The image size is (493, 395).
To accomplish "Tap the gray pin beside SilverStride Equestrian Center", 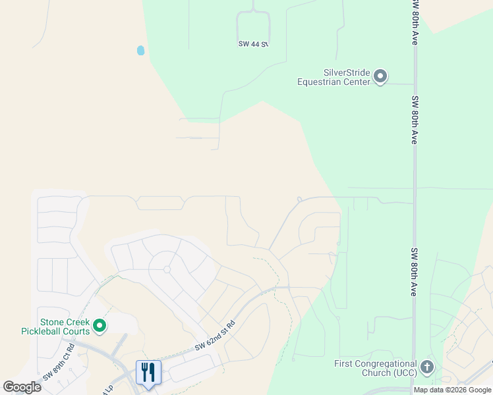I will pos(380,77).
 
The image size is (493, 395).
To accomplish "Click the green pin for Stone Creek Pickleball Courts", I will pos(100,325).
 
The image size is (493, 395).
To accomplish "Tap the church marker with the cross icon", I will pos(427,367).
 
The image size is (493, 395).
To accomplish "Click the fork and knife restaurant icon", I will pos(148,372).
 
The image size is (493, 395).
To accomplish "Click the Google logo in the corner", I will pos(22,387).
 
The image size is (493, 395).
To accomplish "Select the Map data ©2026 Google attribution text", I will pos(452,390).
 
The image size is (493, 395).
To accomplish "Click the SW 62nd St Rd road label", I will pos(215,337).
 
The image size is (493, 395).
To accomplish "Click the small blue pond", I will pos(140,50).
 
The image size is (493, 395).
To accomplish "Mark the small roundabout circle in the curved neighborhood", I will pos(167,269).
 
